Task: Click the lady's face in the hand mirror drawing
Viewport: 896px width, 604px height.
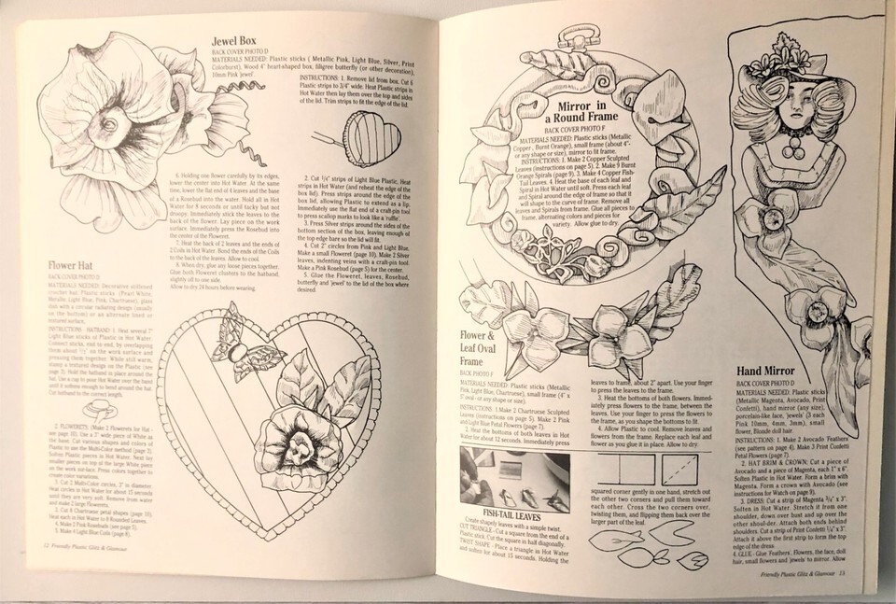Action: (x=806, y=102)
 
